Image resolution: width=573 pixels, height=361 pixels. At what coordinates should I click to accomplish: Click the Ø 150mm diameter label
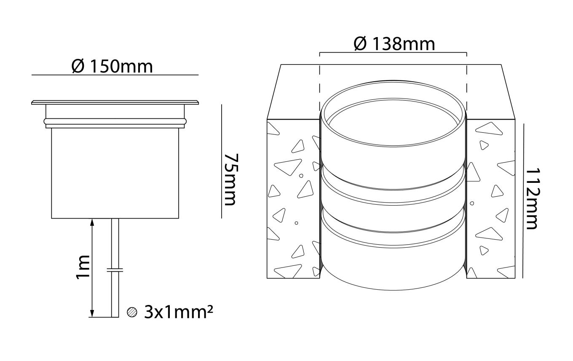[112, 67]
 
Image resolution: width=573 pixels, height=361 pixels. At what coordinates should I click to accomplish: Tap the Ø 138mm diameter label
[394, 44]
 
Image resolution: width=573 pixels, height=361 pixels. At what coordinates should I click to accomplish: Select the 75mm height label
[231, 179]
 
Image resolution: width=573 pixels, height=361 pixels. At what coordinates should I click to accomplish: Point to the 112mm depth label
[533, 198]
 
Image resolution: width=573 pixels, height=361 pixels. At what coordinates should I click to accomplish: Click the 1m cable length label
[83, 267]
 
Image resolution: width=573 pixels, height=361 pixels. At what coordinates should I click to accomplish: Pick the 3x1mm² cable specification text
[179, 312]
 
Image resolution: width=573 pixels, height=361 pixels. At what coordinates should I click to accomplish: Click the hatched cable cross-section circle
[132, 312]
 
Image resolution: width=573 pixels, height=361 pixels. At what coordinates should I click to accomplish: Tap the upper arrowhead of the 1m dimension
[92, 222]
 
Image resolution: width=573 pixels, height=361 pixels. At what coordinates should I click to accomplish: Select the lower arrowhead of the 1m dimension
[92, 313]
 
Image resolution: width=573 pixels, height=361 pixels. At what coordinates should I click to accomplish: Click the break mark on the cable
[115, 270]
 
